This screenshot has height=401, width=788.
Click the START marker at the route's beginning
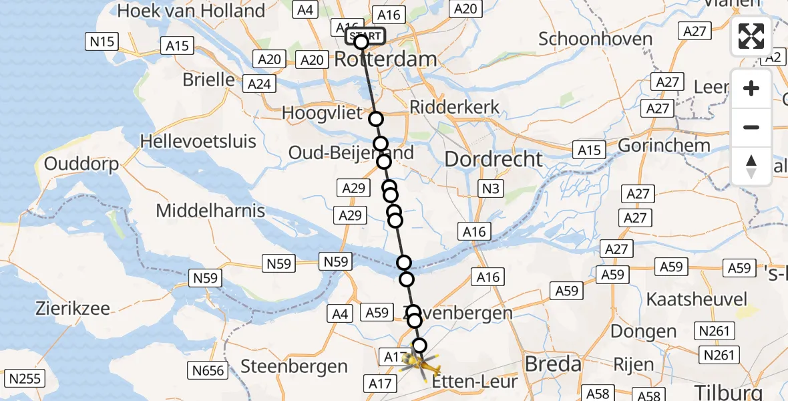(x=365, y=36)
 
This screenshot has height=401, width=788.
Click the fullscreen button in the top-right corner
(x=751, y=36)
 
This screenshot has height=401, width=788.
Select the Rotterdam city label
(x=385, y=59)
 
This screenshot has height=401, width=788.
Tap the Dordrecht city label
(x=494, y=159)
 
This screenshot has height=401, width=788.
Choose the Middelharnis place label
(x=210, y=211)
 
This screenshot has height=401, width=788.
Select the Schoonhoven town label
(x=595, y=39)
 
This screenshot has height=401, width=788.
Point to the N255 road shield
(x=26, y=380)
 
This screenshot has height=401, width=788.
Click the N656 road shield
(x=208, y=370)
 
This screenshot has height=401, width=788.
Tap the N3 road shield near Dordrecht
(x=491, y=188)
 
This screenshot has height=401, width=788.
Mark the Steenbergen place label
(x=294, y=366)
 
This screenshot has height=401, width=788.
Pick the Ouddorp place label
(x=81, y=164)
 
